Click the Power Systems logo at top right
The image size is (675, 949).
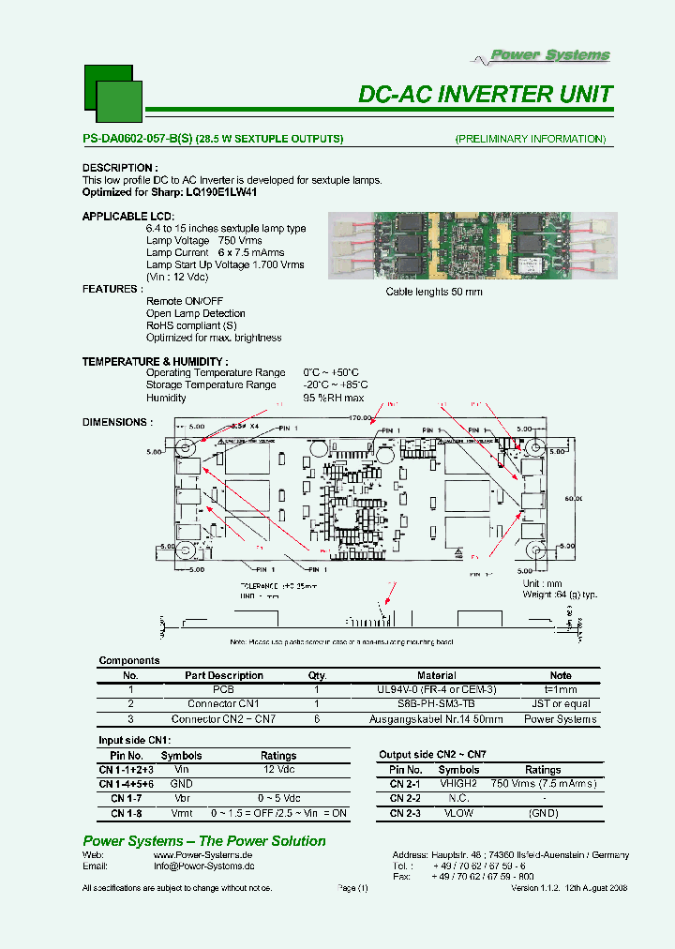[550, 56]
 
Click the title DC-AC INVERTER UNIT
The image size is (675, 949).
[486, 95]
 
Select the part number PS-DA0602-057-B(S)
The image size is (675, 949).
[137, 139]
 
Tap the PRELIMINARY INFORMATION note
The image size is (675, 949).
[531, 139]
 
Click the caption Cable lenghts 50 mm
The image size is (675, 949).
[434, 292]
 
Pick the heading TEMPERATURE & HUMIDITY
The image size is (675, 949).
[155, 361]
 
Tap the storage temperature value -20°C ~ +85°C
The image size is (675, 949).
[336, 384]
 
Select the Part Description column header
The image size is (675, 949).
[224, 675]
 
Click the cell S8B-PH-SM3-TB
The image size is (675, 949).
[436, 703]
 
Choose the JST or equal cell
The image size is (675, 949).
[560, 703]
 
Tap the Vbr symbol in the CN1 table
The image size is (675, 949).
[181, 798]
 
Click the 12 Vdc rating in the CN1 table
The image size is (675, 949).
[278, 769]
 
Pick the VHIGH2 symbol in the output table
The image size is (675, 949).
[459, 783]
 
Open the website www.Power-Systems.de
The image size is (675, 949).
[202, 855]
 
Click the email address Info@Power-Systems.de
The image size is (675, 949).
[203, 866]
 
